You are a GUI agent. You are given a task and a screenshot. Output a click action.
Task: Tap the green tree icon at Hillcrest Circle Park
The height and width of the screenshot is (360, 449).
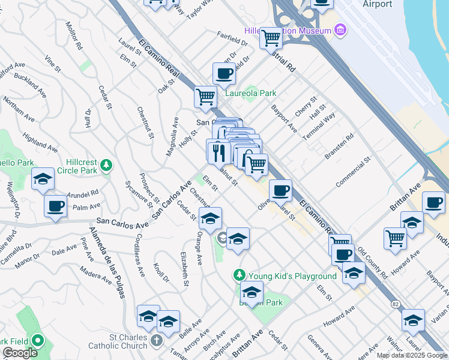tap(106, 164)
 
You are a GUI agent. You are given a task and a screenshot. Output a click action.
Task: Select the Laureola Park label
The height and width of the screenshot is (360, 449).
tap(250, 93)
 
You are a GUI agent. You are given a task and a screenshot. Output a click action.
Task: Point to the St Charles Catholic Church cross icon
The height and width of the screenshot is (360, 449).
tap(156, 341)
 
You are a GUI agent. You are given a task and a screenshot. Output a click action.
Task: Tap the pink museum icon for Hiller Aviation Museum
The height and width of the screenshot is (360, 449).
tap(340, 30)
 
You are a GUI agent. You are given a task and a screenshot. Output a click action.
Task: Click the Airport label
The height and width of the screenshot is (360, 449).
tap(377, 4)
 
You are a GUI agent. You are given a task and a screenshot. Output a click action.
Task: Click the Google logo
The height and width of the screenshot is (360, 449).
tap(20, 352)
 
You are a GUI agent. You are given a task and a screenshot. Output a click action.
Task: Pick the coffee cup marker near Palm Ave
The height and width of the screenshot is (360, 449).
tap(56, 206)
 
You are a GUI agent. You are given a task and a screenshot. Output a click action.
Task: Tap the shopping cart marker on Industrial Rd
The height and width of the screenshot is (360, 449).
tap(271, 38)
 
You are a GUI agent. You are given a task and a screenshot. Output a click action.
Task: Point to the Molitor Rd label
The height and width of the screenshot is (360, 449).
tap(73, 35)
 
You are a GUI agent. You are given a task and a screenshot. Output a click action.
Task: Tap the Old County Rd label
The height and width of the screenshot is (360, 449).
tap(372, 262)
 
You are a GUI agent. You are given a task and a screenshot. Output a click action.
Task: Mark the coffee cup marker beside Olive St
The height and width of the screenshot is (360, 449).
tap(280, 191)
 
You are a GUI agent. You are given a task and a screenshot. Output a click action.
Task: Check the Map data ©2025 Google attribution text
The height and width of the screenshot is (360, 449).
tap(412, 355)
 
